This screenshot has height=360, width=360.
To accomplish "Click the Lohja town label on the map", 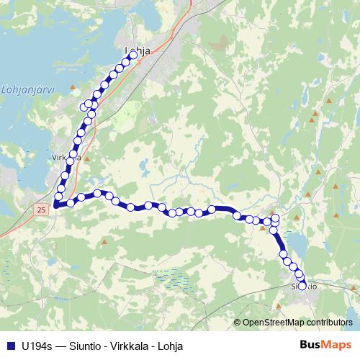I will coord(137,50).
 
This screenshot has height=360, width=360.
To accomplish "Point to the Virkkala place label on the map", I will coord(66,156).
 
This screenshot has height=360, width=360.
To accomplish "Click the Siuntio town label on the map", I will coord(303,286).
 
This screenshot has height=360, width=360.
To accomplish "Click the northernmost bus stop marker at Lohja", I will coord(133,55).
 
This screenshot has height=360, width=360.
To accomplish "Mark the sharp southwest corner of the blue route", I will coord(55,205).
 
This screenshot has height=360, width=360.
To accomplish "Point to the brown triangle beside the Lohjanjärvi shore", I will coord(73,86).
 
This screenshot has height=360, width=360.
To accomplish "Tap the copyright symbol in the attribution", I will coord(238,323).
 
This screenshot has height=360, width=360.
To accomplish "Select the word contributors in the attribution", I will coord(328,323).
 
